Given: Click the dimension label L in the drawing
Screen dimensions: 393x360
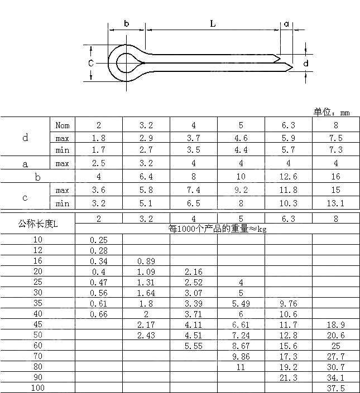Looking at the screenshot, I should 213,23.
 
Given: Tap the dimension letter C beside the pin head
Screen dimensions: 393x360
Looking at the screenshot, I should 91,63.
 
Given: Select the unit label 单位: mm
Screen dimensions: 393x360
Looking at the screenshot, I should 332,113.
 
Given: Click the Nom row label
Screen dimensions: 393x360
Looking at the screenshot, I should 63,125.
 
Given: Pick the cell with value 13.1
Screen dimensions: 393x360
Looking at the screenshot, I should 336,203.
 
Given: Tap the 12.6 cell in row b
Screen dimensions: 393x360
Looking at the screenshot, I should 289,177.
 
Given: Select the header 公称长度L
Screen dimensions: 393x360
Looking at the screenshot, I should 38,224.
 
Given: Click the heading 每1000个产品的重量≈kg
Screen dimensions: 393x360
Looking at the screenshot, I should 217,229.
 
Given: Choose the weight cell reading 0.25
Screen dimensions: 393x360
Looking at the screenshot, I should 99,240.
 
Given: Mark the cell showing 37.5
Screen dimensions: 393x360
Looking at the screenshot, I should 336,388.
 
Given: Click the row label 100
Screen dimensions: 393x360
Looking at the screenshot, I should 38,387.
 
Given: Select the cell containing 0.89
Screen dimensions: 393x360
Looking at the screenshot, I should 146,261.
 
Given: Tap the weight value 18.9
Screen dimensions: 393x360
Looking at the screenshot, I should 336,324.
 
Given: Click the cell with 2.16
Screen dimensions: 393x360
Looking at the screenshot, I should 193,271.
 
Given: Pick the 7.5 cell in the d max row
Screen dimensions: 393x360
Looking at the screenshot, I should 336,138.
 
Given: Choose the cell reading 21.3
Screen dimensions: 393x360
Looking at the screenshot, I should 289,377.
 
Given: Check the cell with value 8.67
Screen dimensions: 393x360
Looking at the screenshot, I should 241,346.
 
